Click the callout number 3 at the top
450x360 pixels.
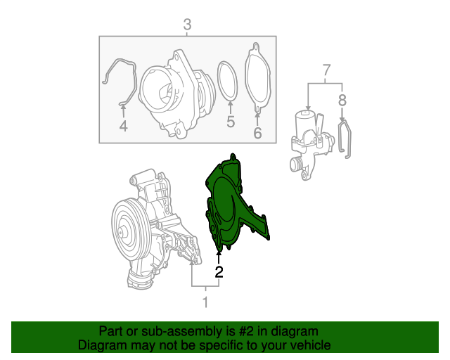[187, 26]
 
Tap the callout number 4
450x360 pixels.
[123, 127]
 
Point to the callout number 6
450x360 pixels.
[257, 131]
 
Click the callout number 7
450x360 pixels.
[326, 70]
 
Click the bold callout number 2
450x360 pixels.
[219, 272]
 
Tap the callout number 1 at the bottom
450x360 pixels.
[205, 303]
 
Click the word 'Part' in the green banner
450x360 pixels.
[112, 331]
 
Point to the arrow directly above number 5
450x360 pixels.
[230, 105]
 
